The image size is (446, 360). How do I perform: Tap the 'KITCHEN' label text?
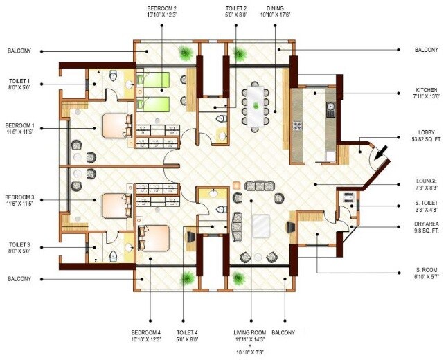tap(426, 90)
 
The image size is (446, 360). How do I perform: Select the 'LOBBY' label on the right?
tap(426, 132)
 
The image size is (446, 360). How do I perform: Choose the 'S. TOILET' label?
tap(426, 203)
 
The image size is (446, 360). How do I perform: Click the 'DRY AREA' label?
tap(426, 225)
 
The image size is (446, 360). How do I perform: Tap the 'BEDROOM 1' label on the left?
tap(19, 126)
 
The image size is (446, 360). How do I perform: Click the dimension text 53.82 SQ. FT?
tap(426, 139)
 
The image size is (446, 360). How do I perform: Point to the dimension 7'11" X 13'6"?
tap(426, 98)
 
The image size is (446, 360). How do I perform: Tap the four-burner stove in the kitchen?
tap(299, 126)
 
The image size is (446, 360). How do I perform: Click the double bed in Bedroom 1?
tap(115, 126)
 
